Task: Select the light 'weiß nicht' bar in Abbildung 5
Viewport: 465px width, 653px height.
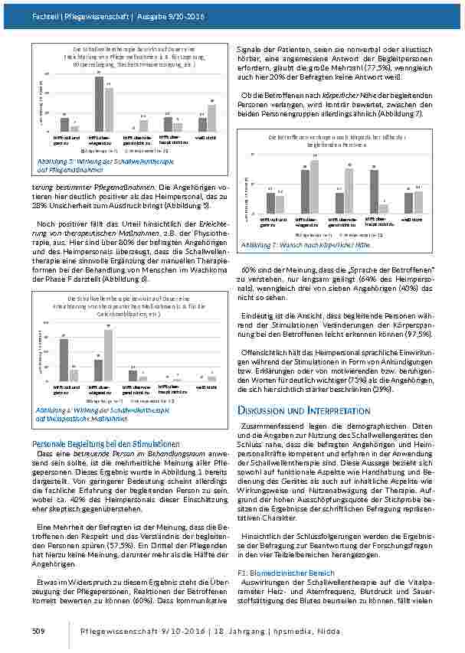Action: point(211,119)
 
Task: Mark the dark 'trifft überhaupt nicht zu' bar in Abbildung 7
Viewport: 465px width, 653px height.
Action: point(374,191)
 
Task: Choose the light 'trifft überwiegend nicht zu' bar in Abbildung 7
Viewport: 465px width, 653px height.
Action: point(349,191)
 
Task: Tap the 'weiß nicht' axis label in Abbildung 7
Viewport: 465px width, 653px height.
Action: point(408,220)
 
